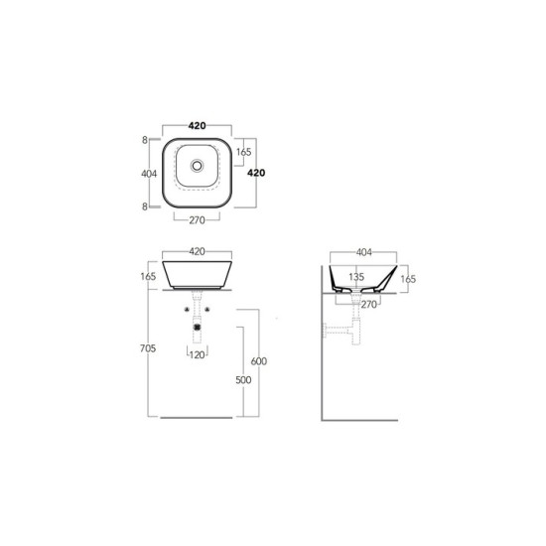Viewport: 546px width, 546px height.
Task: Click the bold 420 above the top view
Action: coord(198,126)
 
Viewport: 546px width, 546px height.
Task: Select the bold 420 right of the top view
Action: coord(256,173)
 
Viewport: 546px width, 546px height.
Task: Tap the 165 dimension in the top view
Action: coord(244,152)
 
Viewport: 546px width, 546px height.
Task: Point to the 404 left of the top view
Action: coord(149,174)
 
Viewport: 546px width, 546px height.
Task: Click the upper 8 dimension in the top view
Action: coord(145,140)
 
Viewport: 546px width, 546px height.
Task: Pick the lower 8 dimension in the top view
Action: coord(145,206)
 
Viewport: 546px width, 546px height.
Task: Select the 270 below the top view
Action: coord(198,220)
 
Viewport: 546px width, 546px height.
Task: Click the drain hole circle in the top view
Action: coord(198,166)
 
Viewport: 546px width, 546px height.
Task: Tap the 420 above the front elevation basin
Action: coord(198,251)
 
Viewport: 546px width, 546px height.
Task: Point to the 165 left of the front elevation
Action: coord(148,277)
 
